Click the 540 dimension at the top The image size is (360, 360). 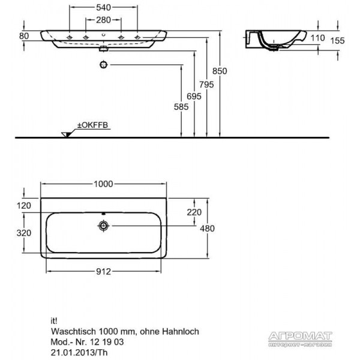(103, 8)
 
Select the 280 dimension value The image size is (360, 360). (103, 20)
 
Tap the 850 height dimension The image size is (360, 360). (220, 71)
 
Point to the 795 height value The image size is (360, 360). (206, 85)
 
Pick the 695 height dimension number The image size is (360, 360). (194, 96)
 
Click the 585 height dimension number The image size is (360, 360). (181, 107)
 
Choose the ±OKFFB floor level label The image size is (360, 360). (92, 125)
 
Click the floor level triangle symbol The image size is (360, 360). (66, 134)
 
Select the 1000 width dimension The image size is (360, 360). (103, 184)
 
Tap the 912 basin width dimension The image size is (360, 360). (103, 272)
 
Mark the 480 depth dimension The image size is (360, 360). (208, 229)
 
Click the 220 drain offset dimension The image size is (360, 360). (194, 212)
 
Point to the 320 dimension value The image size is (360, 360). (24, 233)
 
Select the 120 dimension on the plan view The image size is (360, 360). (24, 205)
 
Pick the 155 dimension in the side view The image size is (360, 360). (337, 41)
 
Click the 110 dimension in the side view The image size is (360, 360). (318, 38)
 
